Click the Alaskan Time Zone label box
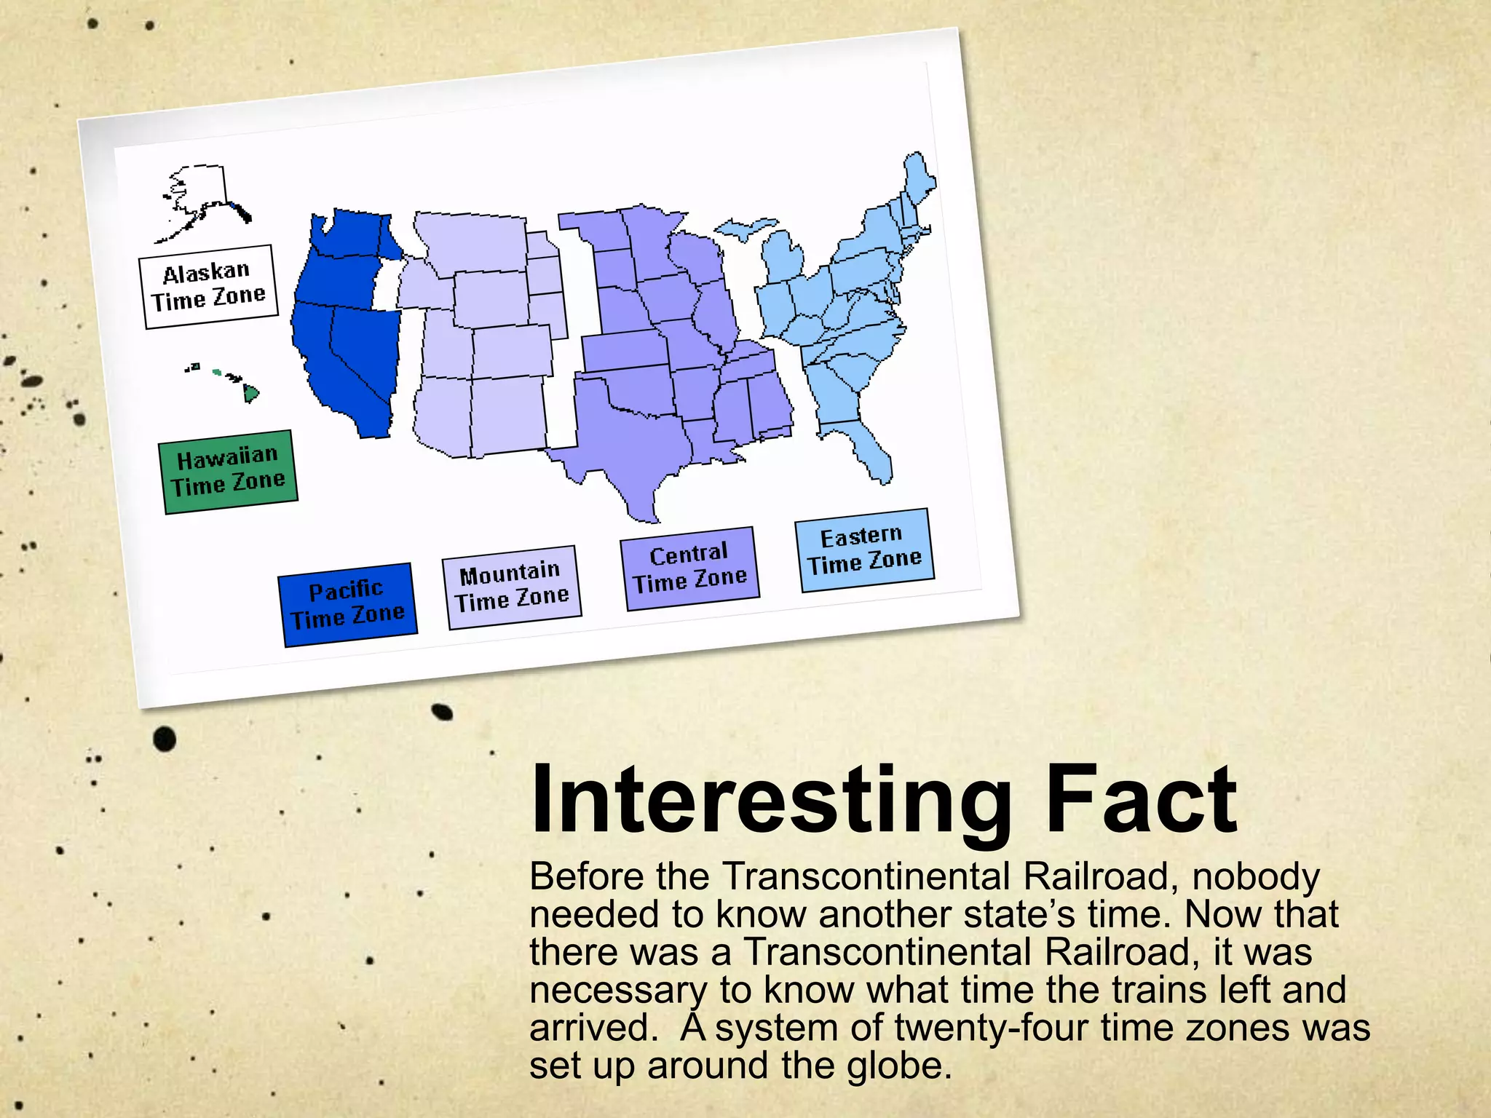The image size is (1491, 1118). coord(208,286)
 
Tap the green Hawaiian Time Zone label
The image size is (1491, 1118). coord(228,472)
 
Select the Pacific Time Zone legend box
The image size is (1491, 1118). coord(347,604)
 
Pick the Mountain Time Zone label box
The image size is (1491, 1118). coord(512,587)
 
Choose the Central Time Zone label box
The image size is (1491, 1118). coord(689,568)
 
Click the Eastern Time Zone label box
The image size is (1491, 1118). coord(864,550)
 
